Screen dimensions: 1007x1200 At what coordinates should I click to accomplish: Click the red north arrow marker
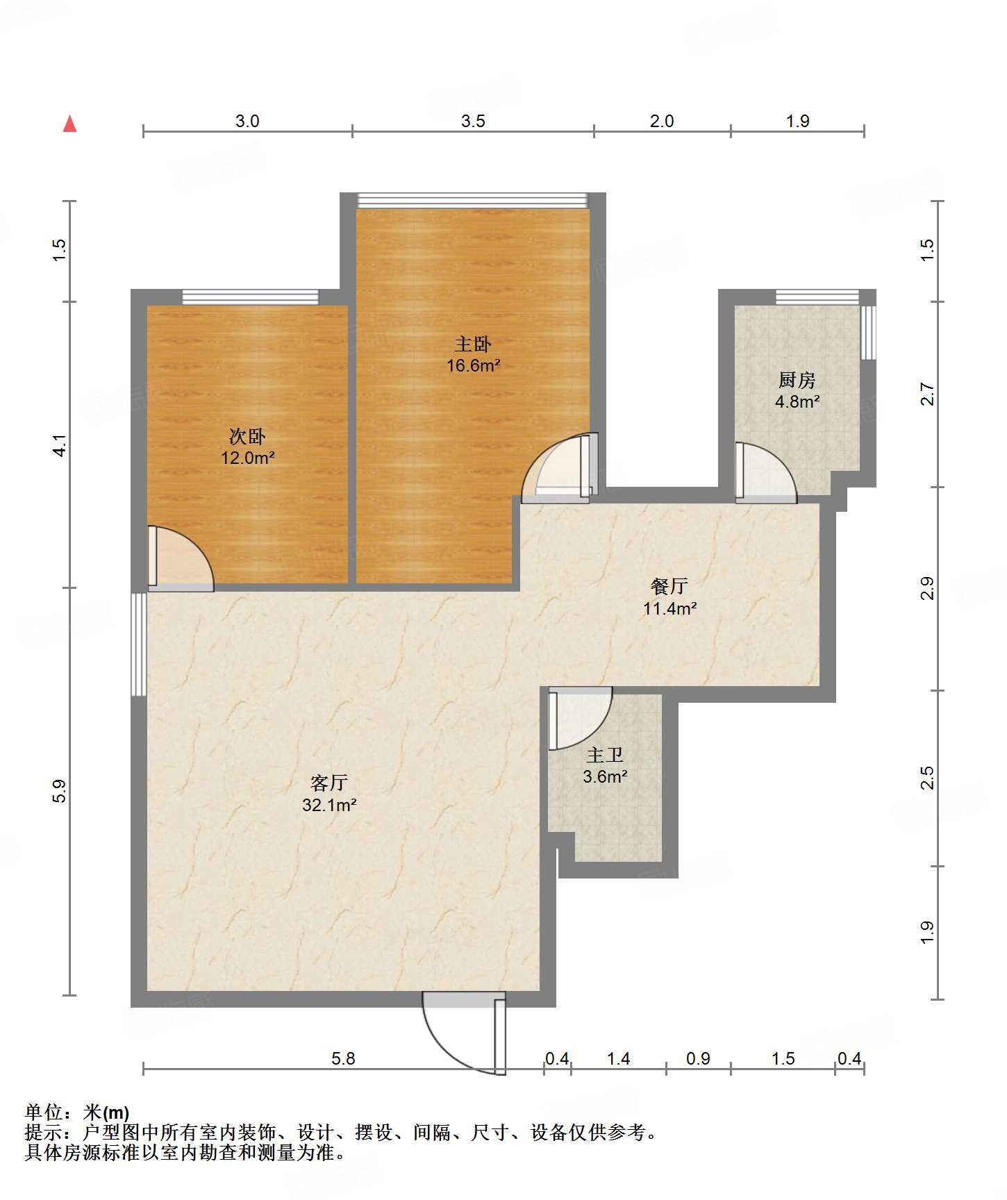[x=69, y=124]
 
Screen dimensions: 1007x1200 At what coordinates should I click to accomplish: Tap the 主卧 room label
[x=473, y=344]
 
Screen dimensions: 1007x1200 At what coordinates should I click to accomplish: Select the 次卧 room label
[x=247, y=436]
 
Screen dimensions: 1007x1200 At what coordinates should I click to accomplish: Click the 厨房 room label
[x=797, y=380]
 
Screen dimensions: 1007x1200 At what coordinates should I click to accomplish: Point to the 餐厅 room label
[x=669, y=586]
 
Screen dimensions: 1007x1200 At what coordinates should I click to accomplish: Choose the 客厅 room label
[x=329, y=783]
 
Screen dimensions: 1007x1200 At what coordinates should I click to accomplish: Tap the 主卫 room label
[x=605, y=755]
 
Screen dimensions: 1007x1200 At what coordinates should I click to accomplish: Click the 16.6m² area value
[x=473, y=365]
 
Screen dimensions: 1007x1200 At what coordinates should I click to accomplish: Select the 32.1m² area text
[x=329, y=805]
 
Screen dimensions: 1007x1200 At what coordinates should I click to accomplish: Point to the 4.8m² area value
[x=797, y=401]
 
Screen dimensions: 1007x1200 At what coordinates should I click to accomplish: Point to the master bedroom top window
[x=472, y=201]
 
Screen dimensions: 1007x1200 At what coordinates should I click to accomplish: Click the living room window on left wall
[x=139, y=644]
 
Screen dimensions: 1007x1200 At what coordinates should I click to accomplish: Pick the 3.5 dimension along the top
[x=473, y=121]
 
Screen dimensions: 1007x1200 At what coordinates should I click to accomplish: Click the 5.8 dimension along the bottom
[x=343, y=1058]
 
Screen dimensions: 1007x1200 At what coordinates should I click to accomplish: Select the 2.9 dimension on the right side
[x=927, y=589]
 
